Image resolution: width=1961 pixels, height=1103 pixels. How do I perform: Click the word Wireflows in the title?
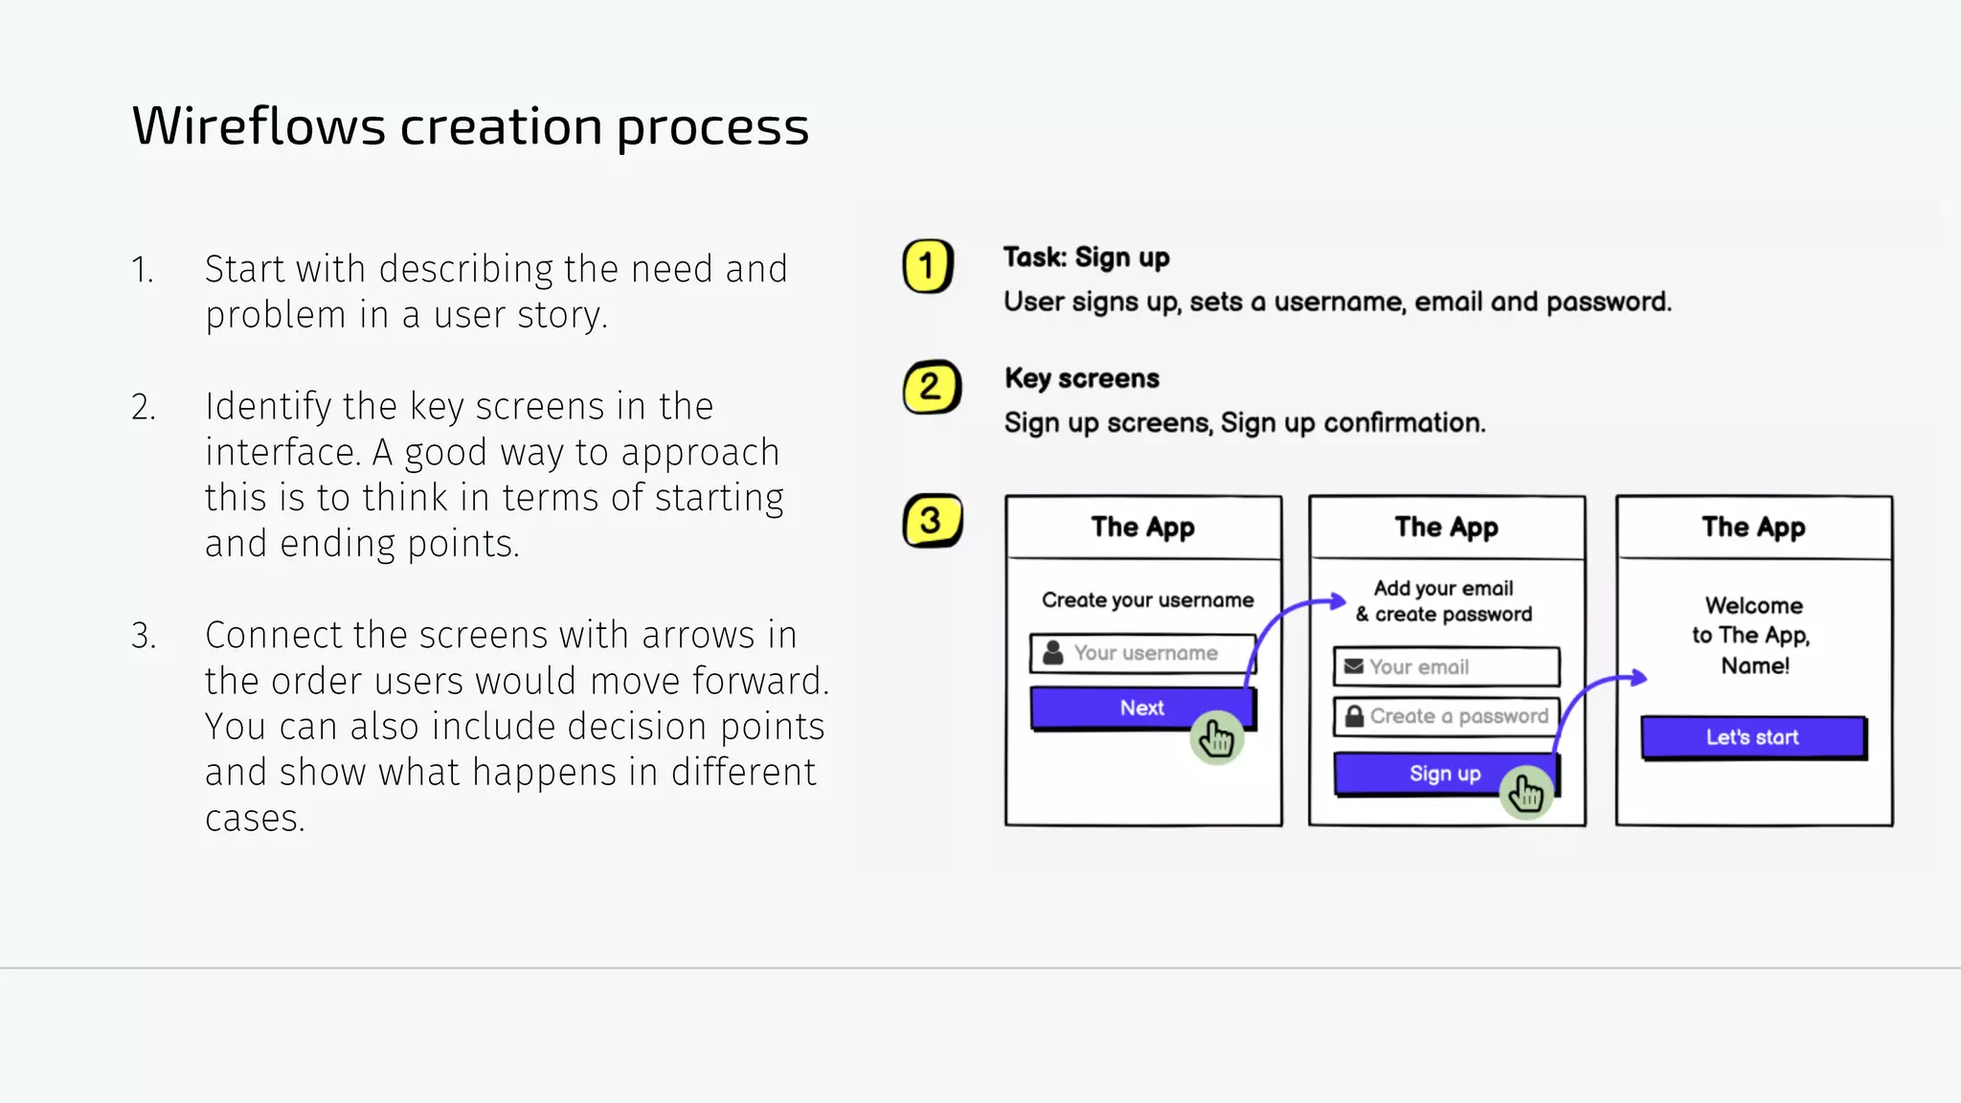point(259,126)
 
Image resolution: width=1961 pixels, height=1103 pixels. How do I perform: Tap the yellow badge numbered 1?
point(927,266)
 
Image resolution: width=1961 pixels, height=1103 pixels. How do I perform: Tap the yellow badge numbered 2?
point(931,388)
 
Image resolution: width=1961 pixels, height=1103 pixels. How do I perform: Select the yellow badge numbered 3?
point(932,521)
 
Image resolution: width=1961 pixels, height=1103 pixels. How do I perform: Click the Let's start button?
point(1752,737)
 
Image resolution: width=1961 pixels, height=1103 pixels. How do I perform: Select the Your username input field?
point(1144,653)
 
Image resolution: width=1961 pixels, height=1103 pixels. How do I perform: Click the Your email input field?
point(1446,666)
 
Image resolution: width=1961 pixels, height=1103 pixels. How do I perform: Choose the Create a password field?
point(1446,716)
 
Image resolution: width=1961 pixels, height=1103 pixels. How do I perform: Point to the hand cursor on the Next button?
point(1217,738)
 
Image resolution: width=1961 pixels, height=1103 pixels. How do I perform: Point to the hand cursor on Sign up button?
point(1526,793)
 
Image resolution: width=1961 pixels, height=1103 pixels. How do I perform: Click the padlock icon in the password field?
point(1354,716)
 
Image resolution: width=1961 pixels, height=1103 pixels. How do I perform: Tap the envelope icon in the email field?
point(1353,666)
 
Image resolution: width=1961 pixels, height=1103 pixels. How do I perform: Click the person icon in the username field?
point(1052,653)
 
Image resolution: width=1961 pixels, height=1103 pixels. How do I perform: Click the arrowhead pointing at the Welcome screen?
point(1639,678)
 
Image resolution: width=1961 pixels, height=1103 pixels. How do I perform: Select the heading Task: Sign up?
point(1086,258)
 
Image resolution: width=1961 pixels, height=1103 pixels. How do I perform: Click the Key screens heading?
point(1081,378)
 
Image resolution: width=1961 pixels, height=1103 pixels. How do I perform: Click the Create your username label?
point(1147,600)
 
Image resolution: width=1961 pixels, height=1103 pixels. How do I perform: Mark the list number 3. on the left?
point(144,636)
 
